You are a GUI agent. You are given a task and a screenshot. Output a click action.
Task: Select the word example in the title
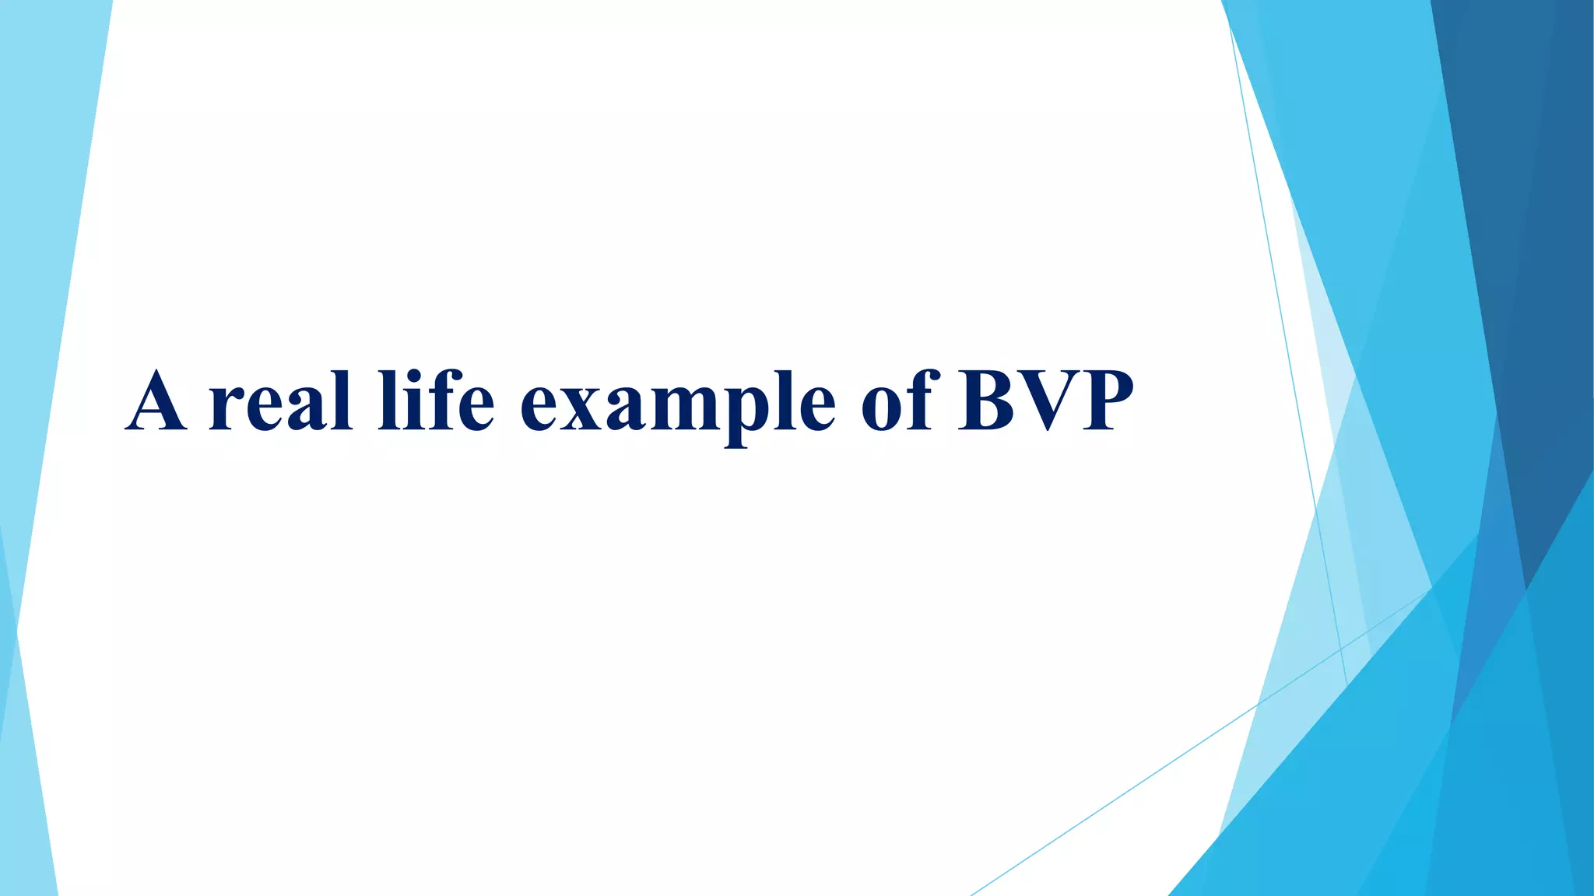pos(677,404)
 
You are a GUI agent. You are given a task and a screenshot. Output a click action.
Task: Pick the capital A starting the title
pos(156,402)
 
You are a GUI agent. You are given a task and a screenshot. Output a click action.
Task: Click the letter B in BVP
pos(986,402)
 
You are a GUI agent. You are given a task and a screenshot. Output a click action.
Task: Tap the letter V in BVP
pos(1047,402)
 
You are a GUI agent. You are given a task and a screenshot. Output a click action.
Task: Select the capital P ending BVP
pos(1106,402)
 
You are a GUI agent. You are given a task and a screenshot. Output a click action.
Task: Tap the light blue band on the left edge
pos(47,233)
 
